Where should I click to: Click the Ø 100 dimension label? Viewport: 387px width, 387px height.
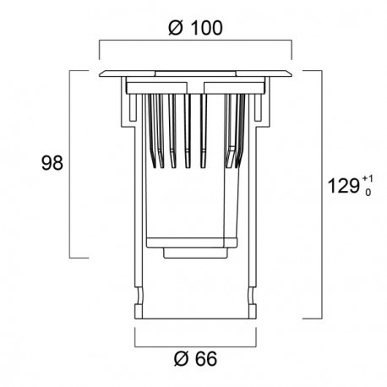(195, 28)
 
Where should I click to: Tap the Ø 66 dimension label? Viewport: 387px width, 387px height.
(195, 358)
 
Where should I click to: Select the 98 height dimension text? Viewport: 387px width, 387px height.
(52, 163)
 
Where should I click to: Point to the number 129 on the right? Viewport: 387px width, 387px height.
(344, 186)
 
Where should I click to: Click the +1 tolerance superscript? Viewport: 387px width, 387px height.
(368, 178)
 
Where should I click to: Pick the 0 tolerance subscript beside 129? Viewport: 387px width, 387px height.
(368, 193)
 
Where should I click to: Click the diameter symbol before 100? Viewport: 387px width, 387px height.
(177, 28)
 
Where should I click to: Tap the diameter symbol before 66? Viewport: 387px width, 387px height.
(182, 358)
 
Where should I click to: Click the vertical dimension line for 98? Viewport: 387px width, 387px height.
(70, 164)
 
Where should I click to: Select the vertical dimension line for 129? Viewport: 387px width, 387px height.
(321, 194)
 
